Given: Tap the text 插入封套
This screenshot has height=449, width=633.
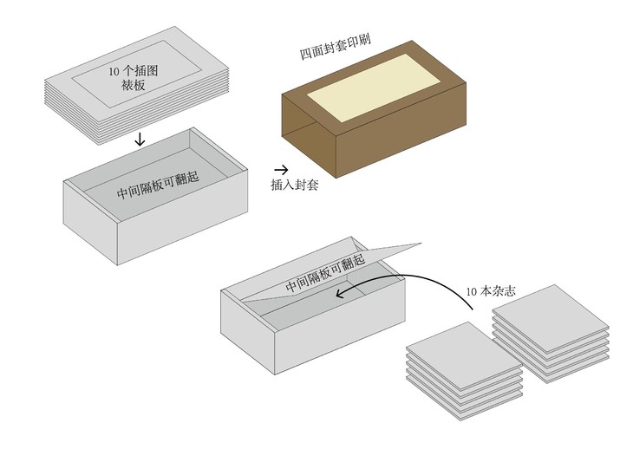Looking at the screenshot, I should coord(295,185).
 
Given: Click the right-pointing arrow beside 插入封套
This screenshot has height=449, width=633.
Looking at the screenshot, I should coord(281,170).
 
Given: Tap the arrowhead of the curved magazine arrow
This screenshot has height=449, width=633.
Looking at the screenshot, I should coord(341,295).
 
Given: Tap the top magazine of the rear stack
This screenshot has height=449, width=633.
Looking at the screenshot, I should coord(551,322).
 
